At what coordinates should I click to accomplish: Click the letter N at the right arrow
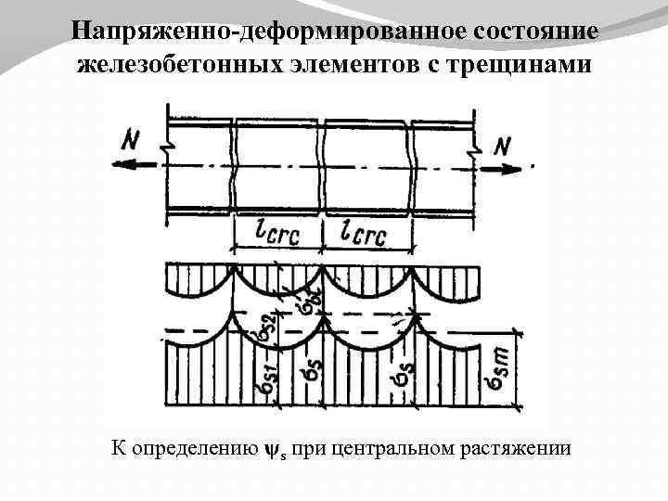(505, 147)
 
